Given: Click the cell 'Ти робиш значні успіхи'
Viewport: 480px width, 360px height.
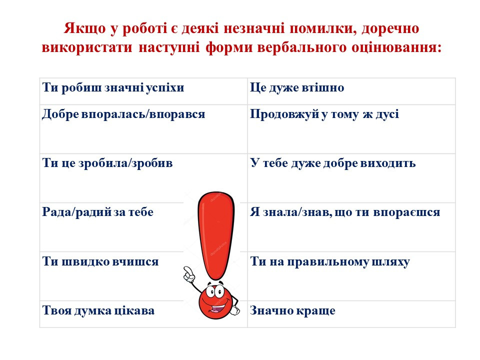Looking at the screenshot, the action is [x=113, y=88].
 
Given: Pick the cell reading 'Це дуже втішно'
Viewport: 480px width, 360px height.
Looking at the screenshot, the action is [x=297, y=88].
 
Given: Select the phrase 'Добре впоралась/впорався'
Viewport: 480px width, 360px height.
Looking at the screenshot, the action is [x=123, y=114].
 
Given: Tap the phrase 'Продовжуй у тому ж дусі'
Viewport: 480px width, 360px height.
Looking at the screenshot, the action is [x=324, y=114].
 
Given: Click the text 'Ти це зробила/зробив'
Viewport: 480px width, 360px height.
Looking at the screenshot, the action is [x=107, y=163].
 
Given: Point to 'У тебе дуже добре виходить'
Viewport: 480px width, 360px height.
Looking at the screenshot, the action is [x=333, y=163].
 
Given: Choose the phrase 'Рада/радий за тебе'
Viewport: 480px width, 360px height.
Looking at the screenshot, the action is [x=97, y=212].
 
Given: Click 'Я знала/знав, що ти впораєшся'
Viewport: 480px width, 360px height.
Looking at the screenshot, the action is [x=345, y=212].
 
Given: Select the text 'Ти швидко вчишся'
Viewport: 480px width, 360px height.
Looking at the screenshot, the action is [x=100, y=261].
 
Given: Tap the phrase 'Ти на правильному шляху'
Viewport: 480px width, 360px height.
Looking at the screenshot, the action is [x=330, y=262].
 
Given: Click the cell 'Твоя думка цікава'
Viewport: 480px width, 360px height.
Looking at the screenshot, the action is [x=98, y=310].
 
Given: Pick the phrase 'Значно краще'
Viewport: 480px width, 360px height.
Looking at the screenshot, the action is [x=292, y=310].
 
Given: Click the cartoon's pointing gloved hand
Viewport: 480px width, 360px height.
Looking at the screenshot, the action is [x=188, y=274].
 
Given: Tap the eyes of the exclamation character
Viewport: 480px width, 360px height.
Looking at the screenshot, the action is [x=215, y=291].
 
